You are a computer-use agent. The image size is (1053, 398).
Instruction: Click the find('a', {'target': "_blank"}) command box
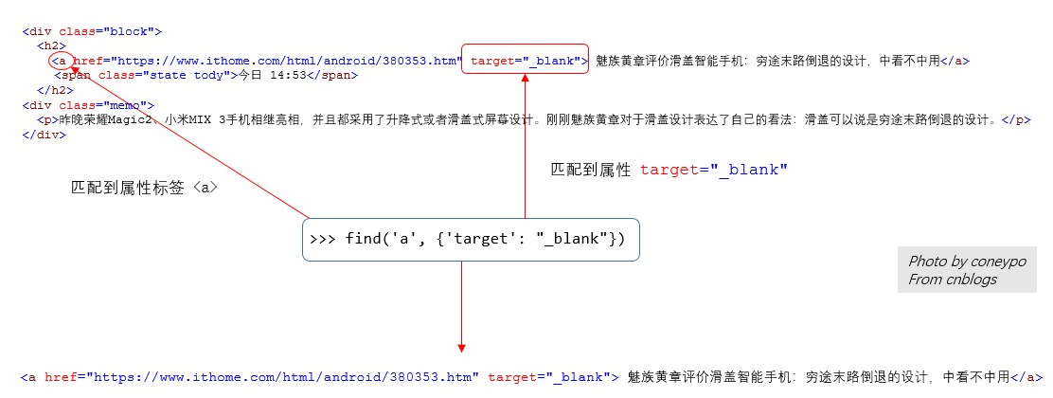pyautogui.click(x=471, y=240)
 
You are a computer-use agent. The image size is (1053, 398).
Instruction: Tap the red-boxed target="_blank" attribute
pyautogui.click(x=526, y=60)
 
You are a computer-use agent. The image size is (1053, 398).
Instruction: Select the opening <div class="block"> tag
pyautogui.click(x=92, y=31)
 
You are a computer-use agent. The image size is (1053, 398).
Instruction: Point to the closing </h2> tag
pyautogui.click(x=53, y=90)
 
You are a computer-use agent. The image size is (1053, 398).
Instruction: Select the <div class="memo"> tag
pyautogui.click(x=88, y=105)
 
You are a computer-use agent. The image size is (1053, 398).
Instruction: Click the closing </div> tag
pyautogui.click(x=44, y=135)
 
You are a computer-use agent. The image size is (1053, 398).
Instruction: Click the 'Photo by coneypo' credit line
pyautogui.click(x=967, y=262)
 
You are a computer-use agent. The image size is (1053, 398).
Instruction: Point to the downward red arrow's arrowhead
pyautogui.click(x=462, y=347)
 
